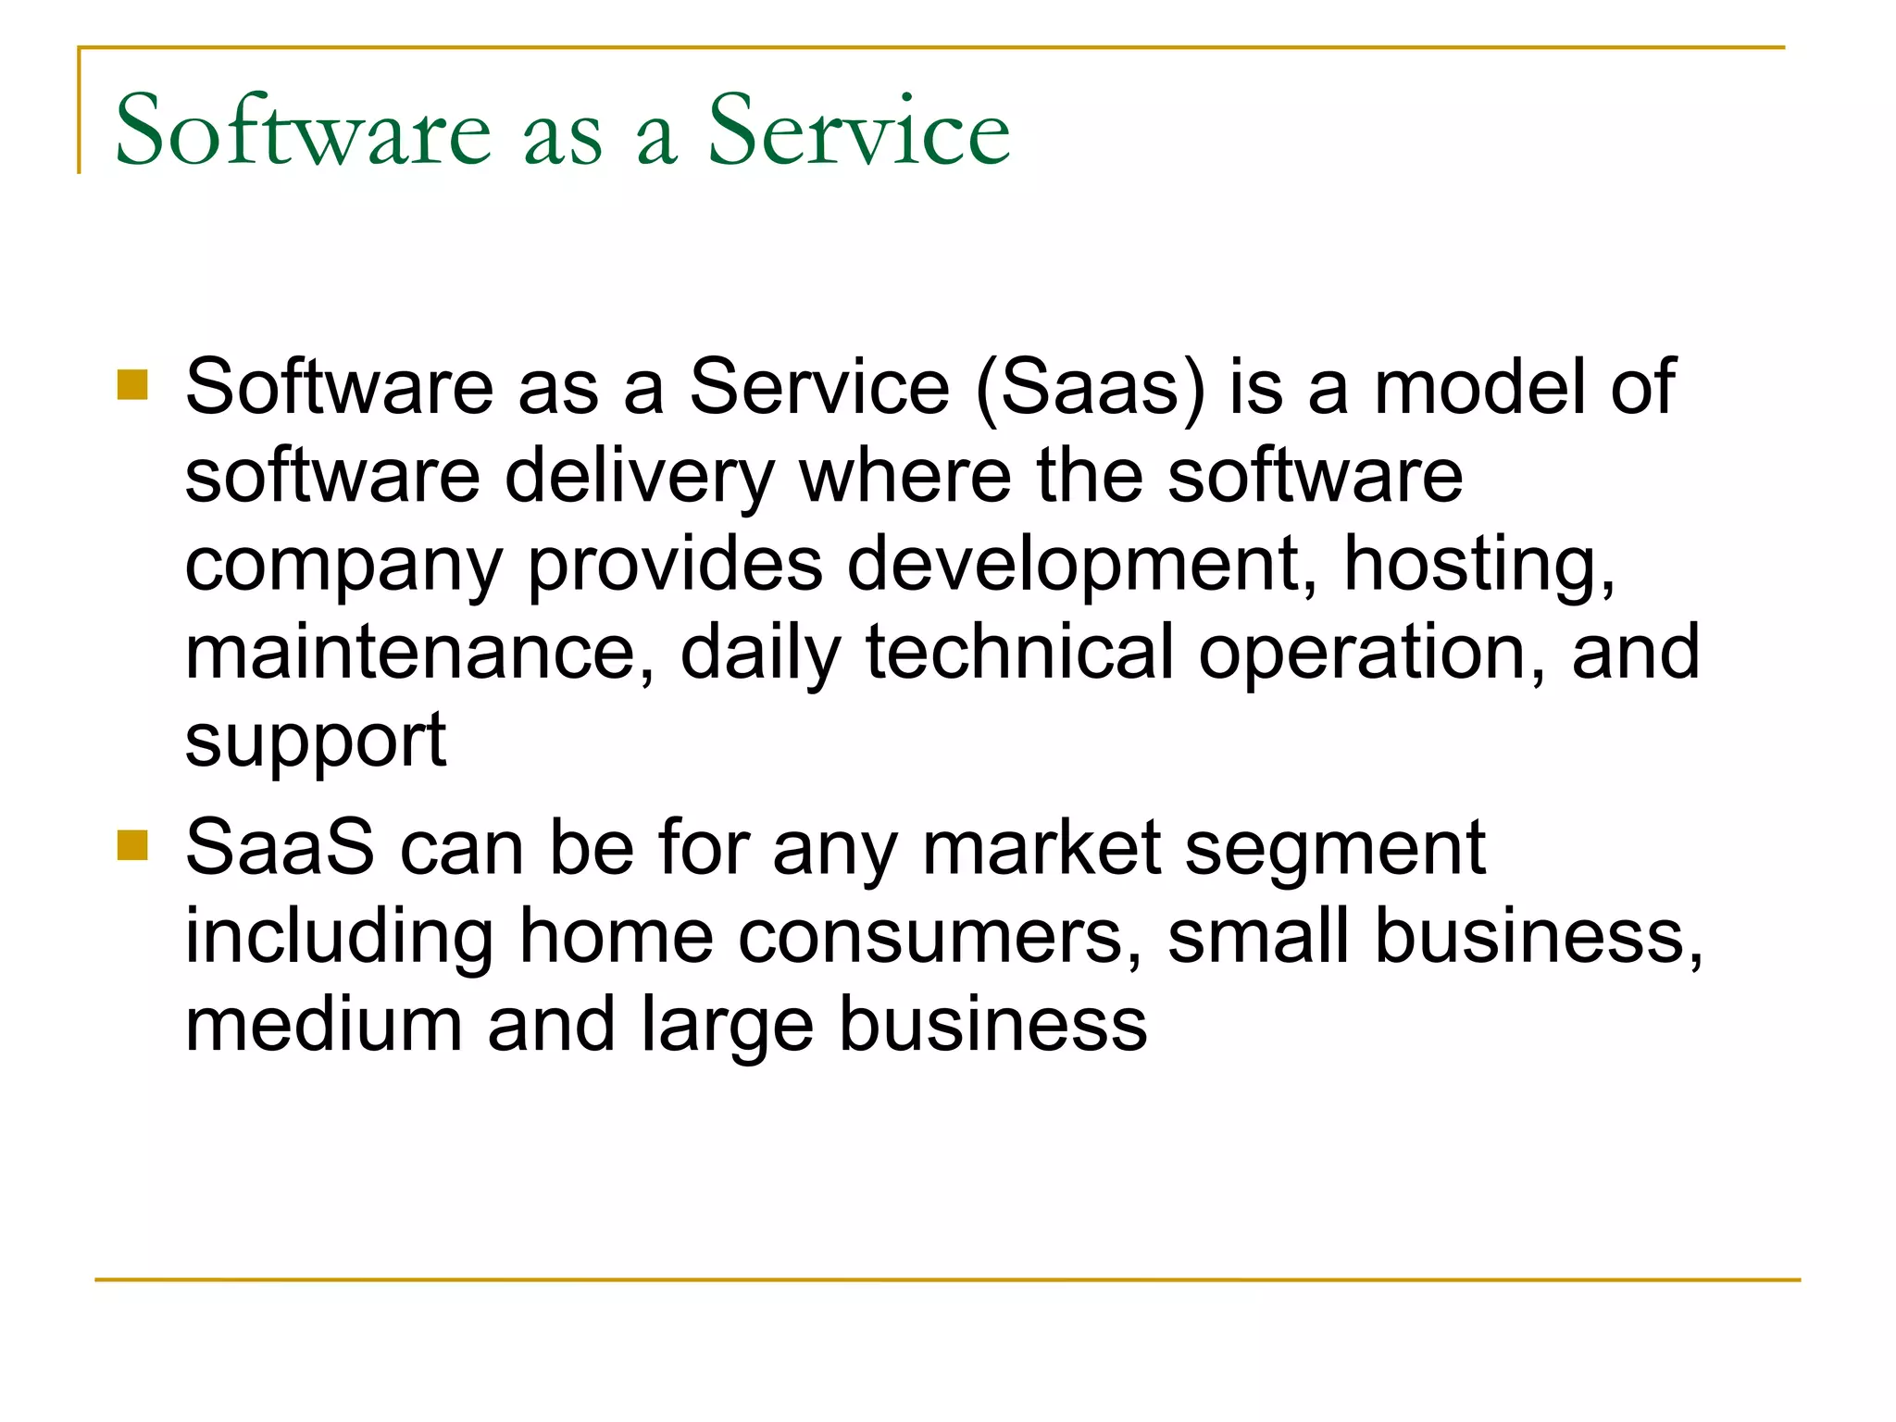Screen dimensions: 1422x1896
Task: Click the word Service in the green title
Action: pos(858,131)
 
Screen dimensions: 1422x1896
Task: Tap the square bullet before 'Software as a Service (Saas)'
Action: pos(133,384)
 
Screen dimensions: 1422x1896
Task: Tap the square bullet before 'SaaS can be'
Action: pos(133,845)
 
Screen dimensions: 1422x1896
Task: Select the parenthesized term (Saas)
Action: pos(1091,387)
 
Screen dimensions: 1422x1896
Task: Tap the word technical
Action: pos(1019,652)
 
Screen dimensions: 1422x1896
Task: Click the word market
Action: pos(1042,847)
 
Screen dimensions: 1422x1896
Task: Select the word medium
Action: pos(323,1025)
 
